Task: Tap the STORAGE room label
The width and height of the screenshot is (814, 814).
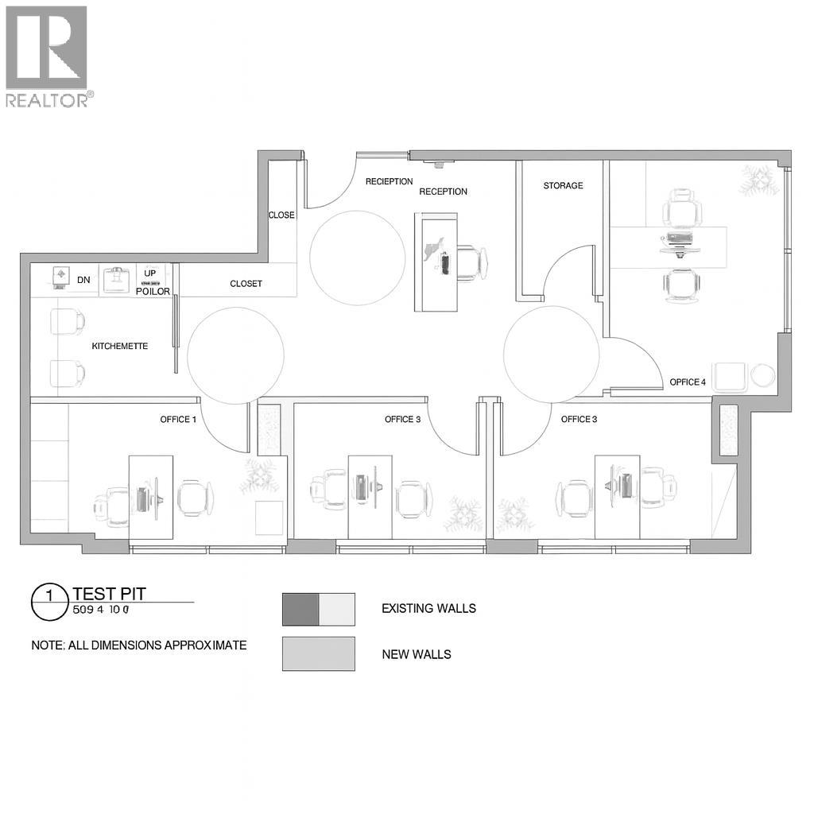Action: point(563,186)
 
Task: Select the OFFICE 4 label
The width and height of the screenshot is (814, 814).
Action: point(687,382)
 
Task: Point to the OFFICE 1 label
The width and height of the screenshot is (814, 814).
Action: point(178,420)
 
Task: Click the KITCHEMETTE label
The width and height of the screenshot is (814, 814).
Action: point(120,346)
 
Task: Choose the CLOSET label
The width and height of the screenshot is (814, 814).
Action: point(246,284)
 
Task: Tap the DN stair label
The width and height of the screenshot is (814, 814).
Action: point(83,280)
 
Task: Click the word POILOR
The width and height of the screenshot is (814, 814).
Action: point(153,292)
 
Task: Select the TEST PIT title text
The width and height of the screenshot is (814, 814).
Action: point(109,593)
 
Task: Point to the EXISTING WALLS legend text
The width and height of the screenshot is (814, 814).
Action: point(428,609)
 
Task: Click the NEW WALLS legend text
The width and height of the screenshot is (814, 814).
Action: point(416,655)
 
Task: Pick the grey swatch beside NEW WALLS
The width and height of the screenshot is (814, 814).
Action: point(318,653)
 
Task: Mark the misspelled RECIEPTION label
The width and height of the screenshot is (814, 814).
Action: point(389,182)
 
